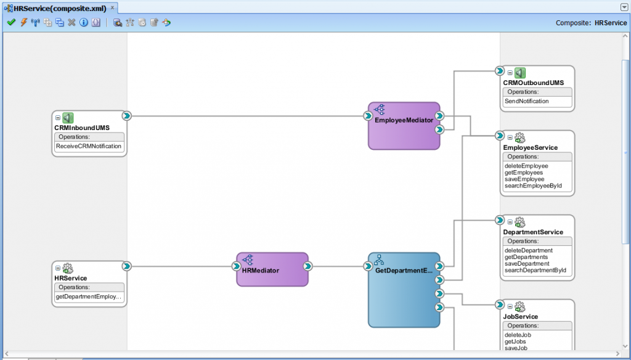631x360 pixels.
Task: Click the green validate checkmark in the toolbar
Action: point(11,22)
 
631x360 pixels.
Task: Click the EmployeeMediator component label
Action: point(404,120)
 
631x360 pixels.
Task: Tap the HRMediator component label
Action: point(261,271)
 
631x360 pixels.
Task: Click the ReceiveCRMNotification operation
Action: point(89,147)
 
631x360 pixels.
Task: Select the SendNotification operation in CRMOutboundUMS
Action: point(526,101)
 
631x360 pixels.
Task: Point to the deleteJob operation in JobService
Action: point(518,335)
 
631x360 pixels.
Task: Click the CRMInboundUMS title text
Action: point(82,128)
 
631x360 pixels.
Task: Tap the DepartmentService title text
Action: point(533,232)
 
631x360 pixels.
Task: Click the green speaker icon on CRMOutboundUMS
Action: point(520,73)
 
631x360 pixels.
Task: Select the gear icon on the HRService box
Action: point(68,268)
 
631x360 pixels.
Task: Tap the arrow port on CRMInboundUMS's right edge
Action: point(126,116)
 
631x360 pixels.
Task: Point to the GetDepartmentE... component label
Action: point(404,271)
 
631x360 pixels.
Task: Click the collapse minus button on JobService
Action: point(510,306)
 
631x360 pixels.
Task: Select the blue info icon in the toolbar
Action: point(83,22)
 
